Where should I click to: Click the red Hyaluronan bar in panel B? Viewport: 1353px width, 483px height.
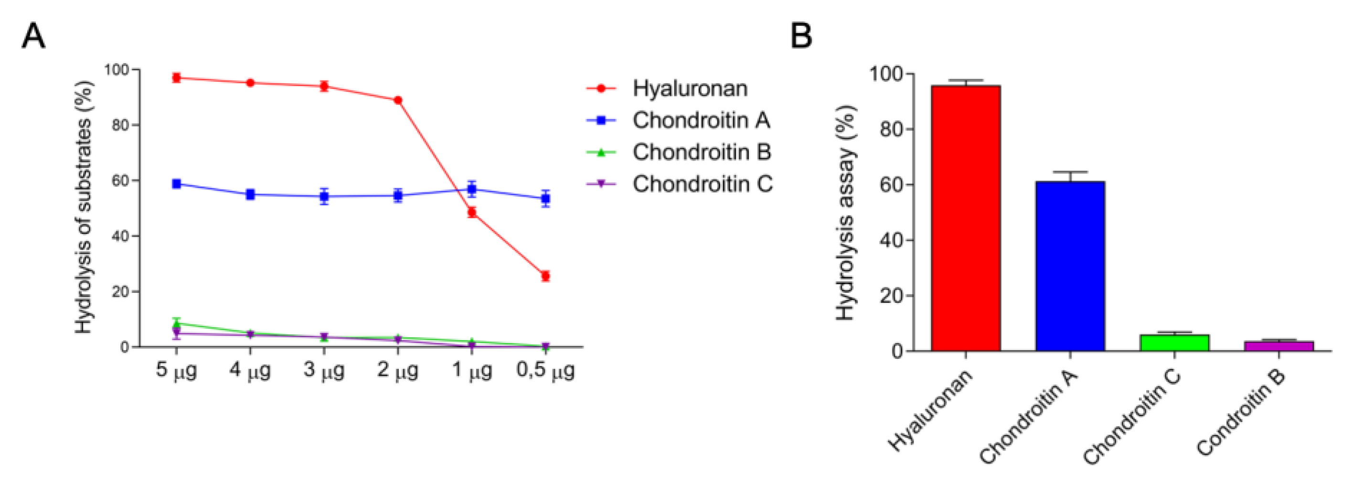pyautogui.click(x=965, y=218)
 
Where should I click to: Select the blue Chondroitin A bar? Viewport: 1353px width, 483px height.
pyautogui.click(x=1070, y=266)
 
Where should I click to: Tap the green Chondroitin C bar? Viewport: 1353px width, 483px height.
pyautogui.click(x=1174, y=343)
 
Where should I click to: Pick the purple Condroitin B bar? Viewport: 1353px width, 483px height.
pyautogui.click(x=1278, y=346)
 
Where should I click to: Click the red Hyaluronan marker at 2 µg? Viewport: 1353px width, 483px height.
pyautogui.click(x=398, y=100)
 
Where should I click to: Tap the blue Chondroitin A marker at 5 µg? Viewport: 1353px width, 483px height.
pyautogui.click(x=177, y=184)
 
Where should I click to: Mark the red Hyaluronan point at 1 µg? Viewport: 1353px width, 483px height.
pyautogui.click(x=472, y=212)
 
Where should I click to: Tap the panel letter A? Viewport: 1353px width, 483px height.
pyautogui.click(x=33, y=36)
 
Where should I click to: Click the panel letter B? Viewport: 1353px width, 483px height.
pyautogui.click(x=800, y=36)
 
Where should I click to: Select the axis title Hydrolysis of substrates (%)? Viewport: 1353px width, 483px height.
pyautogui.click(x=84, y=208)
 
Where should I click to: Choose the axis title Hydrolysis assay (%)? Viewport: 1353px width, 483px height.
pyautogui.click(x=846, y=213)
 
